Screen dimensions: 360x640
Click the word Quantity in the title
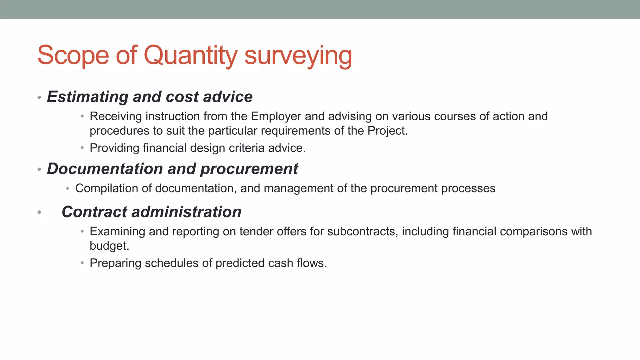190,55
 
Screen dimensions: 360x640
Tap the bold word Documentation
105,169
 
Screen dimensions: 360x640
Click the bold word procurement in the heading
249,169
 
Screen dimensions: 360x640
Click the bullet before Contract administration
39,212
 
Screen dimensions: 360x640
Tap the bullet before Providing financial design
82,148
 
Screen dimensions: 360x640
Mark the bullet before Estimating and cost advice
39,97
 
